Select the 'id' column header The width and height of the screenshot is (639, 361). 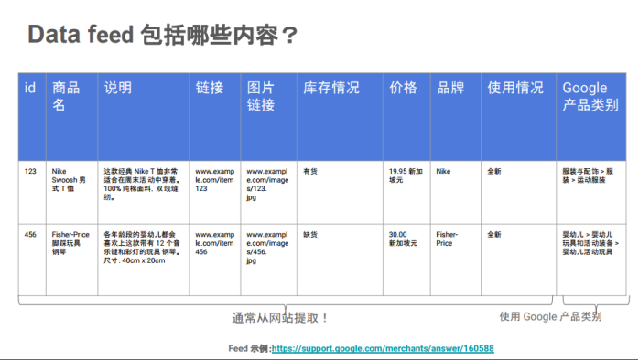click(x=30, y=88)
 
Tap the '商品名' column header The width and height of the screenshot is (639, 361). click(x=66, y=96)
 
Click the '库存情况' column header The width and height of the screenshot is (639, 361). click(x=330, y=88)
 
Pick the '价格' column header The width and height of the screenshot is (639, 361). click(x=403, y=88)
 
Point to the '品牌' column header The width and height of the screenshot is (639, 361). click(x=450, y=88)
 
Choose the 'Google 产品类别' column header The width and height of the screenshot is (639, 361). click(x=590, y=96)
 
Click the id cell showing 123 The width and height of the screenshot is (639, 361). click(x=30, y=171)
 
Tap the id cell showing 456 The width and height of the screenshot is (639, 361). click(x=30, y=234)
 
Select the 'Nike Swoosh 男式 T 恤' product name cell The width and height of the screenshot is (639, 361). click(x=68, y=179)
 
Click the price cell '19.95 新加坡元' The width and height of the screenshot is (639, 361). click(x=406, y=175)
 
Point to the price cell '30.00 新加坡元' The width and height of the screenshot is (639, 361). click(x=403, y=239)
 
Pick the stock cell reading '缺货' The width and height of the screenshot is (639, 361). click(x=310, y=234)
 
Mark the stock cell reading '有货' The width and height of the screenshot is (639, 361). click(x=310, y=171)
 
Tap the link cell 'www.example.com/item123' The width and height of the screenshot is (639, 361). click(x=215, y=179)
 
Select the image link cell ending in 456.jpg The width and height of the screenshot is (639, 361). click(x=266, y=247)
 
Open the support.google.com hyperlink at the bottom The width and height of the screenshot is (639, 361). click(x=383, y=348)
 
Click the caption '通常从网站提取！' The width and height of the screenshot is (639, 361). click(x=279, y=318)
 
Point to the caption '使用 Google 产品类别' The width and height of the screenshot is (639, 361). click(x=550, y=316)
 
